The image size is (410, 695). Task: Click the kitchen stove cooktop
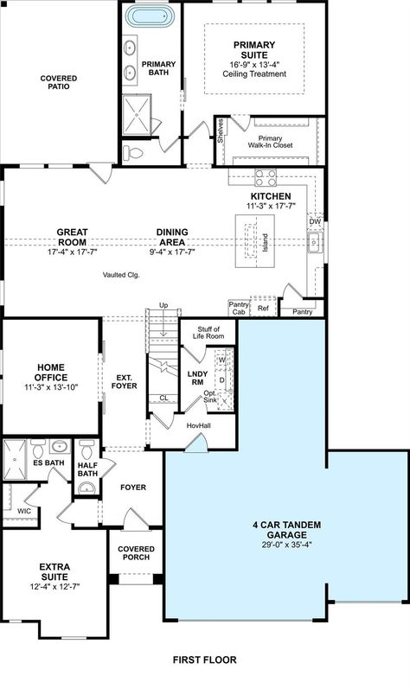pos(265,177)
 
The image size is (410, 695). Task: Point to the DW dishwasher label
pos(316,221)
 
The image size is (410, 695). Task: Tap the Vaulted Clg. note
pos(120,275)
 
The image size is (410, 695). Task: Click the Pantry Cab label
pos(239,308)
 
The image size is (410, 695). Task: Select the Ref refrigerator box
pos(263,308)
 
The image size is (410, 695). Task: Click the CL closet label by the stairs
pos(163,399)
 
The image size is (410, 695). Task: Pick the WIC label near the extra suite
pos(23,511)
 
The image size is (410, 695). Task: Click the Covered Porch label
pos(137,553)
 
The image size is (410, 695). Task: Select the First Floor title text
pos(204,660)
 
